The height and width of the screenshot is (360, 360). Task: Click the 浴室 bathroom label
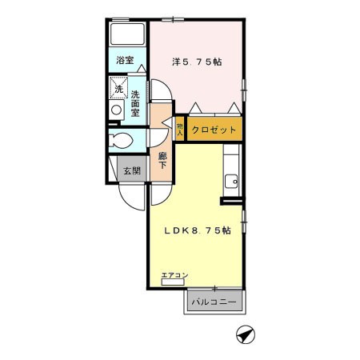click(x=125, y=60)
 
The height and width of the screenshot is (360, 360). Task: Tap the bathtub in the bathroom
click(x=128, y=34)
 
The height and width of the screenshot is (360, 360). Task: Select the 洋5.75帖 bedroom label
click(x=197, y=62)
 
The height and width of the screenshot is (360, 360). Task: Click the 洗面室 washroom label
click(x=135, y=103)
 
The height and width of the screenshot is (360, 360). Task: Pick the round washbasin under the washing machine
click(x=116, y=110)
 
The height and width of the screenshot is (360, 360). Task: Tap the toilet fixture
click(x=121, y=140)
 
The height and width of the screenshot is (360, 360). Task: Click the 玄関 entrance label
click(x=132, y=170)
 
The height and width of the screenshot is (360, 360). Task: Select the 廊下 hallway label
click(x=162, y=161)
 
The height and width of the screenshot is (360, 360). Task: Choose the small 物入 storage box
click(x=180, y=129)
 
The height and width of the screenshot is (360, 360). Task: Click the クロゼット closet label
click(x=214, y=130)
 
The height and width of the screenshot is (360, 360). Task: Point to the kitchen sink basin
click(x=231, y=182)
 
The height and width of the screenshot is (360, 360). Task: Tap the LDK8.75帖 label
click(x=198, y=230)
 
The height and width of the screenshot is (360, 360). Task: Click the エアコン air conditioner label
click(x=175, y=275)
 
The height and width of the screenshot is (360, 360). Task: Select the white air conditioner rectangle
click(x=173, y=282)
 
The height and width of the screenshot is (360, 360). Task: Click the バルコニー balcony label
click(x=214, y=302)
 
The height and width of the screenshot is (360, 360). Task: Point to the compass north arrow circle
click(x=246, y=334)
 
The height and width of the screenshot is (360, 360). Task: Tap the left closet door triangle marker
click(x=195, y=108)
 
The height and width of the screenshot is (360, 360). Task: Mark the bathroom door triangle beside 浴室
click(x=142, y=68)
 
